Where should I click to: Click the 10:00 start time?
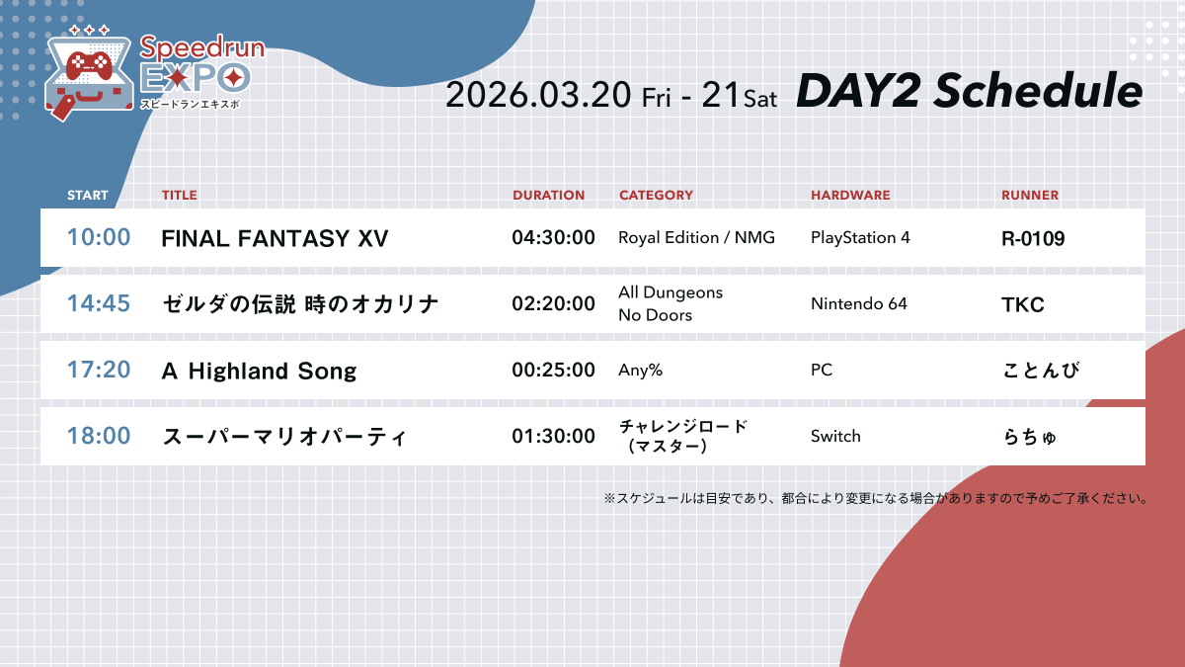[x=99, y=238]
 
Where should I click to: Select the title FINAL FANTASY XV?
[x=275, y=238]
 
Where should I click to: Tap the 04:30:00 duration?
[x=553, y=238]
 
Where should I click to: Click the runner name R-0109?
[x=1033, y=238]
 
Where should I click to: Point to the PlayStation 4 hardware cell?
[x=860, y=238]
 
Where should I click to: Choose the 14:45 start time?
[x=99, y=304]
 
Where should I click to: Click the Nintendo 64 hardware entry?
[x=858, y=304]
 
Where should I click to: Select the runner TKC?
[x=1022, y=304]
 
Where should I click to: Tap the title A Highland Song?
[x=259, y=371]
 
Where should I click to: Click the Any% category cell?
[x=640, y=371]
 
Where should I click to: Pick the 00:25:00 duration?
[x=553, y=371]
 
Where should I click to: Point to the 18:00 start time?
[x=99, y=436]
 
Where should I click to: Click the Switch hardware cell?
[x=835, y=436]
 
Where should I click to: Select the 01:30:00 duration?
[x=553, y=436]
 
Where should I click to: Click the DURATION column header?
[x=548, y=196]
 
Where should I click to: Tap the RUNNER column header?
[x=1029, y=196]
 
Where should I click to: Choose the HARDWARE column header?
[x=850, y=196]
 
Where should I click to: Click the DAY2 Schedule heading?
[x=969, y=92]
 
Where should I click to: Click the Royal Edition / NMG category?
[x=696, y=238]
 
